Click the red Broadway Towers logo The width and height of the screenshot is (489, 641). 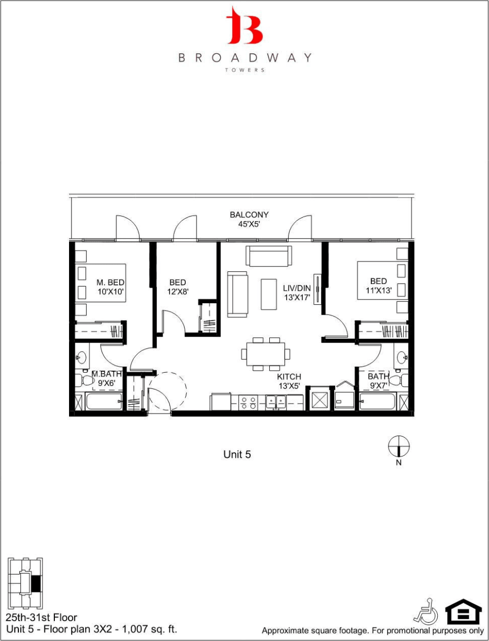coord(244,26)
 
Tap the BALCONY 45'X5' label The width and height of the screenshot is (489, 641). coord(249,220)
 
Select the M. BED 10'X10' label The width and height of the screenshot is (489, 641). coord(110,287)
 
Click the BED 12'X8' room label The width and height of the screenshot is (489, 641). coord(177,287)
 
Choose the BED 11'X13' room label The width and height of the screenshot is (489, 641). coord(378,285)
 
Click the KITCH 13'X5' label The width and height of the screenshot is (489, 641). coord(289,381)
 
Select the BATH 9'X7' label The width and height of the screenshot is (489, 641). coord(378,381)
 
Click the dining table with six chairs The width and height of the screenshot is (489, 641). coord(265,354)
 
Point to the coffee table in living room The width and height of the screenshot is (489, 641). coord(268,294)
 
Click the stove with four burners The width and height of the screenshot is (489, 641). coord(246,402)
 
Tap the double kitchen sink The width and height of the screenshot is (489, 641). coord(275,402)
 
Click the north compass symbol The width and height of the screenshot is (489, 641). coord(399,447)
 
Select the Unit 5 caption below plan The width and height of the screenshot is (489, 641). coord(237,454)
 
